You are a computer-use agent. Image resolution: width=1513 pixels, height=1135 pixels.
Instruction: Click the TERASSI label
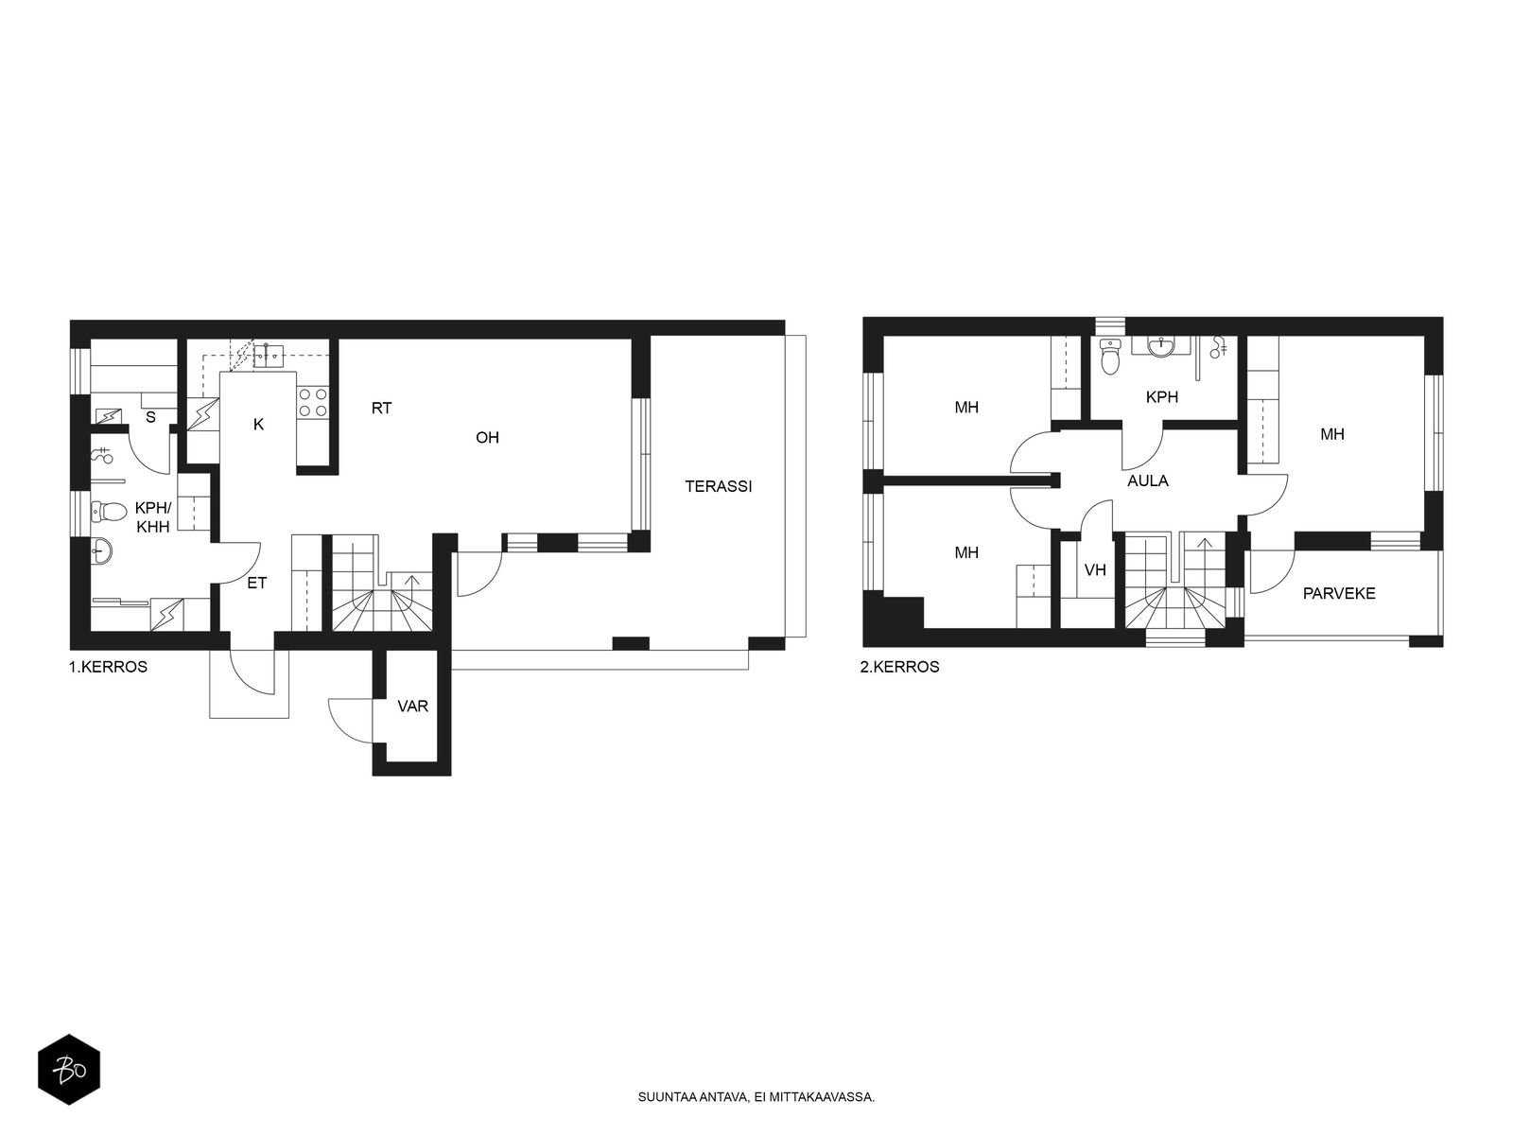pos(719,486)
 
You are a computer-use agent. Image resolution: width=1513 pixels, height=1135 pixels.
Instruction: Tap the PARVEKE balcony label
pos(1339,593)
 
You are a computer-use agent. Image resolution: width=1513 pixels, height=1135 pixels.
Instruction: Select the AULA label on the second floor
pos(1148,481)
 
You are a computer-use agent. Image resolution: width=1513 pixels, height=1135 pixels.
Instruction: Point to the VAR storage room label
pos(413,707)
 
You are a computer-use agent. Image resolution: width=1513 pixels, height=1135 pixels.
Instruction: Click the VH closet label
pos(1095,570)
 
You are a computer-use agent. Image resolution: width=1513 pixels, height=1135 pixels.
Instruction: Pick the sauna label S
pos(150,418)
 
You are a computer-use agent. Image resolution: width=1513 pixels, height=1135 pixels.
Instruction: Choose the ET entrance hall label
pos(256,583)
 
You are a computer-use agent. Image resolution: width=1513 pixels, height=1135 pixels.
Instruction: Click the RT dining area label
pos(381,408)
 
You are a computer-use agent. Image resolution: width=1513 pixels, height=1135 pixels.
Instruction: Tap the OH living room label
pos(487,438)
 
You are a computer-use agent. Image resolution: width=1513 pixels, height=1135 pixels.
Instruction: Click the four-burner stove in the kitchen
pos(312,402)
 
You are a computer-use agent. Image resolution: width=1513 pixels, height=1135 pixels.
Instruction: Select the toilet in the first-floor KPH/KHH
pos(109,511)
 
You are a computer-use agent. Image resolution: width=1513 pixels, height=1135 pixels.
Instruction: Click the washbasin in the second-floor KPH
pos(1162,347)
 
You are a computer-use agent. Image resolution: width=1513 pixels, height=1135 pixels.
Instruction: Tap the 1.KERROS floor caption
pos(108,667)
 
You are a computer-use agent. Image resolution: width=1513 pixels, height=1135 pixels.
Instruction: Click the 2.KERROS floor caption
pos(899,667)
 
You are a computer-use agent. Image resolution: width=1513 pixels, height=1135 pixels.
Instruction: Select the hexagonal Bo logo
pos(69,1070)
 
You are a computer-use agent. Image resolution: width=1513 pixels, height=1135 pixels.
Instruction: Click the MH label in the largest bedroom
pos(1331,435)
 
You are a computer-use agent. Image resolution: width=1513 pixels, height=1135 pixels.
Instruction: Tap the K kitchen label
pos(258,425)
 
